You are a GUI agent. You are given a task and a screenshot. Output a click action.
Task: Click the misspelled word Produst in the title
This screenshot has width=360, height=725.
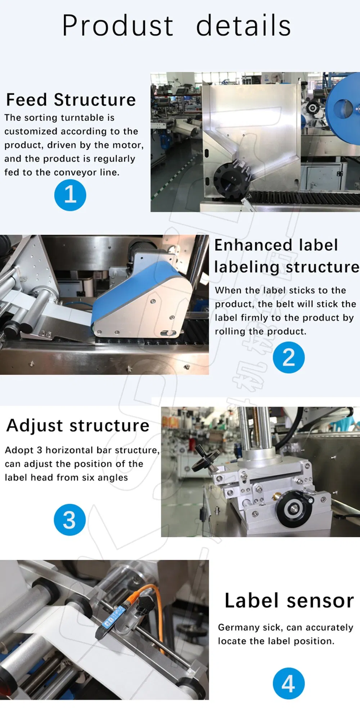coord(117,26)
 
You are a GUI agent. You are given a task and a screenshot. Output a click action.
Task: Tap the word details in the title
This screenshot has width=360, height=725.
coord(243,26)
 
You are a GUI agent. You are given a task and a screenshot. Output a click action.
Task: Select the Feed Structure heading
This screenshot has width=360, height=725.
coord(71,100)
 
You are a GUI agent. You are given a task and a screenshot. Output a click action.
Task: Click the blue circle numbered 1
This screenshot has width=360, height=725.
coord(70,195)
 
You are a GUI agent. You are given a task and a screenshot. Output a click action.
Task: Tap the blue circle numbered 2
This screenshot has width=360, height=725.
coord(288,357)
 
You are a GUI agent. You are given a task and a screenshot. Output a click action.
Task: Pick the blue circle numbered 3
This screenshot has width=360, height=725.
coord(69,520)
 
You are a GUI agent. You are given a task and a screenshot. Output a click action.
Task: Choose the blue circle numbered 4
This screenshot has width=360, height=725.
coord(288,683)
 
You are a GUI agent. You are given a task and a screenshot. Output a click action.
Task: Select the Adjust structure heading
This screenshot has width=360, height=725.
coord(78,426)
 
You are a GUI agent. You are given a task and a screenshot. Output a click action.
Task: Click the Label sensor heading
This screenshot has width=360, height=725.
coord(289,601)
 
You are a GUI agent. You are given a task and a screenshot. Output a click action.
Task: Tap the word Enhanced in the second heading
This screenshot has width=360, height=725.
coord(253,245)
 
